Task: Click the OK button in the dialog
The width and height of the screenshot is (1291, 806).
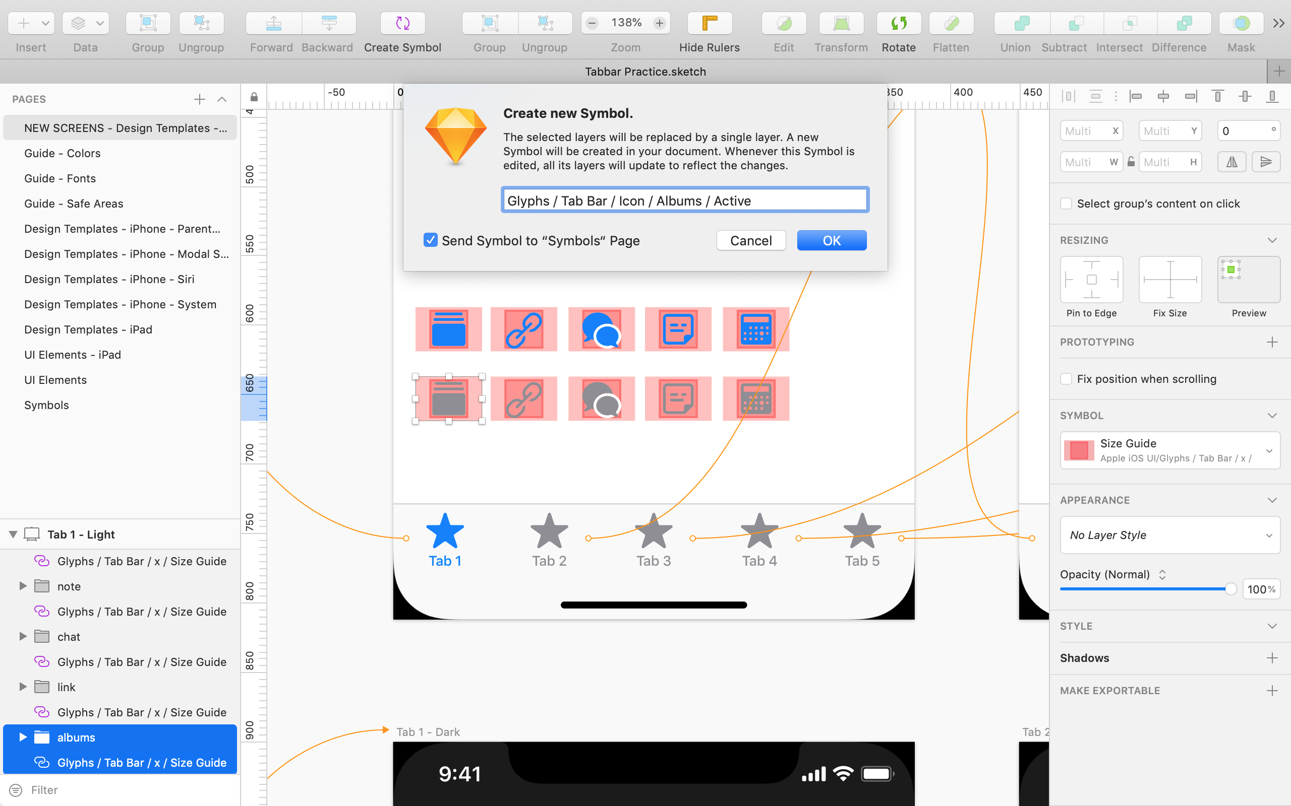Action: coord(831,240)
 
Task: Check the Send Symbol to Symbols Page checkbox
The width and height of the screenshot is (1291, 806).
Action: coord(431,240)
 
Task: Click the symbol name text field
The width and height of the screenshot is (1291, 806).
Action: coord(684,200)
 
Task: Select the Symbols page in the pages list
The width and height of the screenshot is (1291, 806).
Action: coord(46,405)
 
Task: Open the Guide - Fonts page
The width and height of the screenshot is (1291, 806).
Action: coord(60,178)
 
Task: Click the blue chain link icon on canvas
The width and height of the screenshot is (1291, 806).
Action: coord(523,329)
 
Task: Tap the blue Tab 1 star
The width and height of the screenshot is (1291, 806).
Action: coord(444,531)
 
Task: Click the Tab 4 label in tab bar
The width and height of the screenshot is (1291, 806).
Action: coord(759,561)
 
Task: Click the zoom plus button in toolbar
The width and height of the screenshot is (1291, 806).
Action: coord(660,23)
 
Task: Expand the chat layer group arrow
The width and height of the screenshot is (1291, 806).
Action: coord(23,636)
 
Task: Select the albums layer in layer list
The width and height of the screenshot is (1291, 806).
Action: coord(76,737)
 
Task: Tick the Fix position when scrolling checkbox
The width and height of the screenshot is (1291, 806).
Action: coord(1066,379)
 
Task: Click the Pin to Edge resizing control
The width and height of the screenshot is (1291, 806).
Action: coord(1091,280)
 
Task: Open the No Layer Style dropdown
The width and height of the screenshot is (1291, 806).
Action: coord(1169,535)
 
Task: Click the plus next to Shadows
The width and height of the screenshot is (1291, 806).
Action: coord(1272,658)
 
